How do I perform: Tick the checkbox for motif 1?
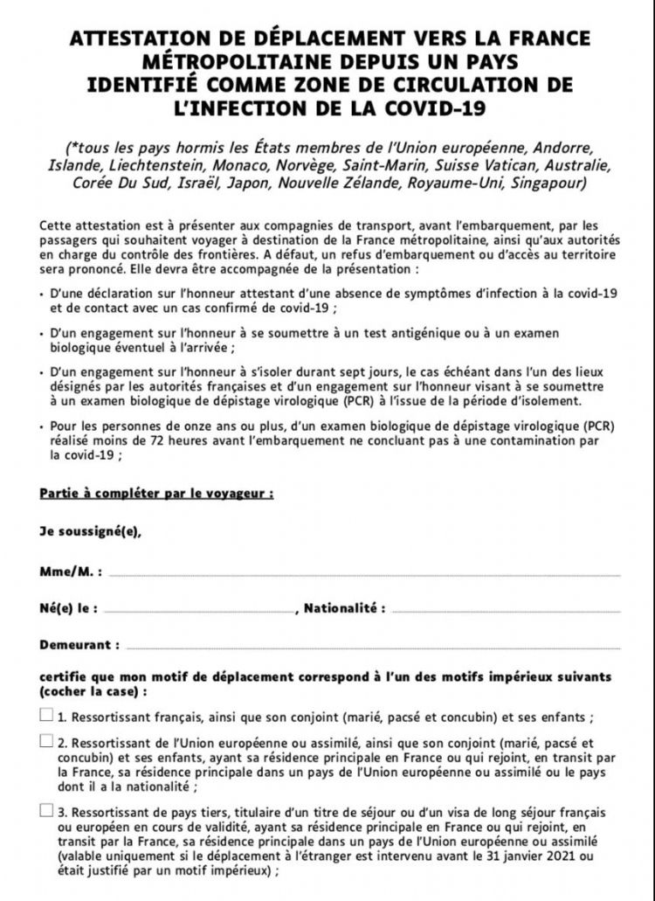pyautogui.click(x=46, y=715)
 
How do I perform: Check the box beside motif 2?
pyautogui.click(x=46, y=741)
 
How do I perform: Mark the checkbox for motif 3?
pyautogui.click(x=46, y=809)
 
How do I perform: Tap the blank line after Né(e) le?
pyautogui.click(x=200, y=609)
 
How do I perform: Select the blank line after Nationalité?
pyautogui.click(x=506, y=609)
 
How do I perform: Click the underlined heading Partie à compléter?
pyautogui.click(x=156, y=493)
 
